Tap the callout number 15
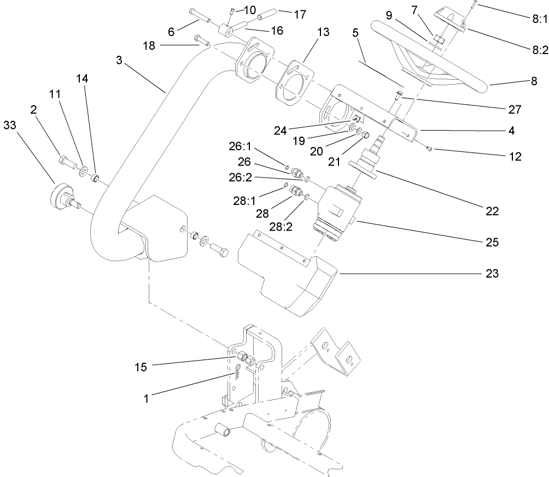(x=141, y=367)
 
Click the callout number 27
(x=514, y=109)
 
